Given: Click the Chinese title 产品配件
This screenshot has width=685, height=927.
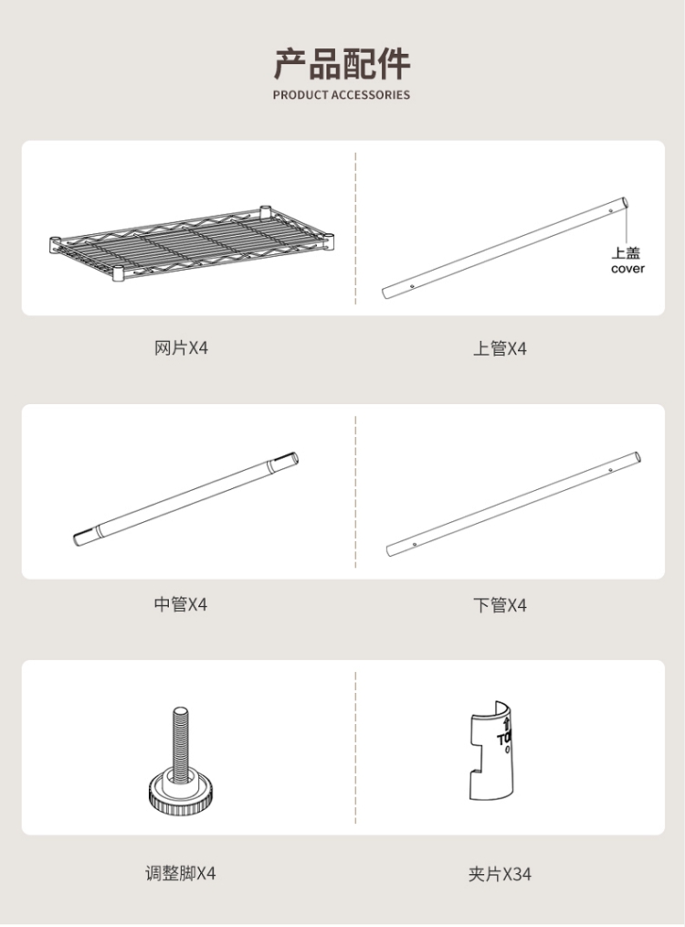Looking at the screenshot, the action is click(342, 64).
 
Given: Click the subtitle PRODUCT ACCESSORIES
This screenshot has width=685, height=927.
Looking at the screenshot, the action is click(342, 94).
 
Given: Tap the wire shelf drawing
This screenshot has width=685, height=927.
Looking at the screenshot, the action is click(192, 242).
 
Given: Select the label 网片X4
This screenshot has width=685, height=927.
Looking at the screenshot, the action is click(181, 347).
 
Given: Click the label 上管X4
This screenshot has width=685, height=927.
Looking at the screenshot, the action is click(500, 348).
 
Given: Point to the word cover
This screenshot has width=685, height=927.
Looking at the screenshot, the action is click(627, 269).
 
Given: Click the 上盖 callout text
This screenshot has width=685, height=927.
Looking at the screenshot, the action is click(626, 253).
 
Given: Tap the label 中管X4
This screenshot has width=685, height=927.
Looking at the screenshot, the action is click(181, 604).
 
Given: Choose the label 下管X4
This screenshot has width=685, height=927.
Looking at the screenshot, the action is click(500, 605).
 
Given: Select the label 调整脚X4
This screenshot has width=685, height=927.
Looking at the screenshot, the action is click(181, 873).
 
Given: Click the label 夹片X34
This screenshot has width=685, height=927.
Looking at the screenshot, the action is click(500, 873).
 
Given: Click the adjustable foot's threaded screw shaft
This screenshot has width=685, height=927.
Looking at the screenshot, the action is click(181, 742).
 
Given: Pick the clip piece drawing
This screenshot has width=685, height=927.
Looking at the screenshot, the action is click(492, 751).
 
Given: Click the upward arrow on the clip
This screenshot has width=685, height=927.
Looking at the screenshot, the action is click(506, 725).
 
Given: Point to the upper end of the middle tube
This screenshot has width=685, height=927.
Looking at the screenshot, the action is click(292, 459).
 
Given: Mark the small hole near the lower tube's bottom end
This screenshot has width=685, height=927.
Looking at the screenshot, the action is click(415, 544).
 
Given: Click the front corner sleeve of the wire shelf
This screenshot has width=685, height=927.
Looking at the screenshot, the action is click(118, 273).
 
